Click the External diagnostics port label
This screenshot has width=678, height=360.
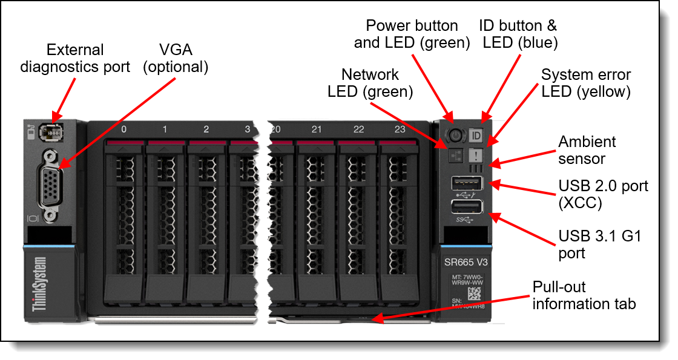(x=75, y=58)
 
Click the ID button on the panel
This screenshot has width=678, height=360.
(x=476, y=134)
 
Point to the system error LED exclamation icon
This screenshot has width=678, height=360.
(x=475, y=154)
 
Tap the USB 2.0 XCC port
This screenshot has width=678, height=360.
(x=466, y=182)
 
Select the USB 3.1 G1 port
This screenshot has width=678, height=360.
(x=466, y=208)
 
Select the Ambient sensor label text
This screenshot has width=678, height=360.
(x=587, y=149)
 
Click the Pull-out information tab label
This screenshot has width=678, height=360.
(x=584, y=295)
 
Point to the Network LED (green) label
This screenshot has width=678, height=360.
(x=370, y=83)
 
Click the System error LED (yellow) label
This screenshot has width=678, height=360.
(x=585, y=83)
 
